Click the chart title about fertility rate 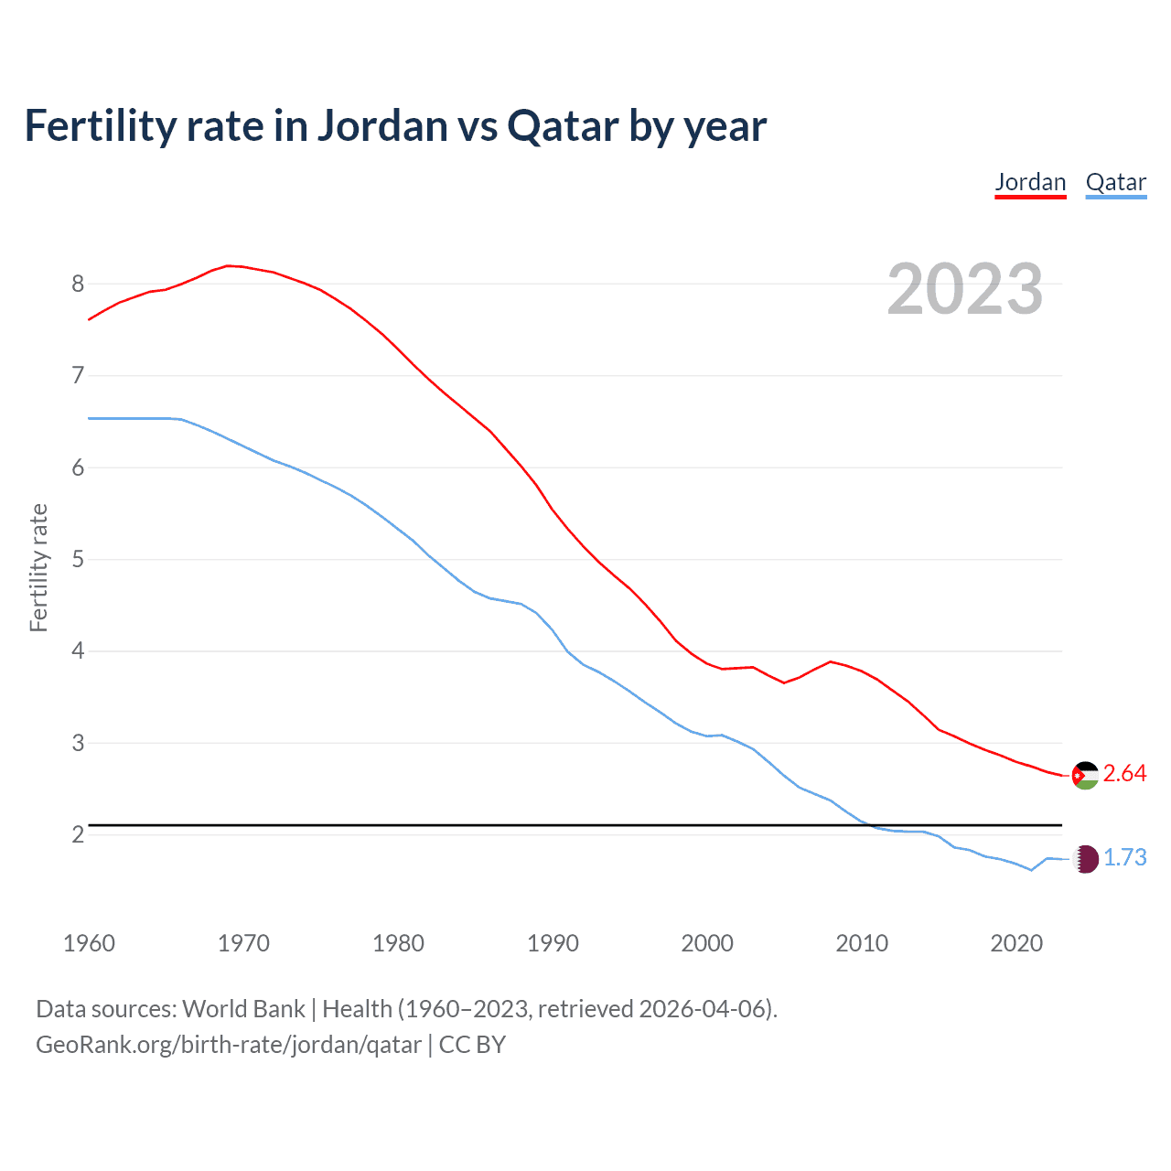point(395,125)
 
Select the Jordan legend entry point(1030,182)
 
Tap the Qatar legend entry point(1115,182)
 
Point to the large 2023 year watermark point(964,289)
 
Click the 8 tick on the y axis point(78,284)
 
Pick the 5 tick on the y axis point(78,559)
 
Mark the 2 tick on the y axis point(78,834)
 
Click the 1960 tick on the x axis point(89,943)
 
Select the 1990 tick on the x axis point(553,943)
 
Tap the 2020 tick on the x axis point(1016,943)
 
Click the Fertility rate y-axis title point(38,567)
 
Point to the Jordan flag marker point(1085,775)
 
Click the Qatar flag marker point(1085,858)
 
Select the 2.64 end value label point(1124,774)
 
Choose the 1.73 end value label point(1124,858)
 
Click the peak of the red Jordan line point(229,265)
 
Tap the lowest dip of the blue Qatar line point(1031,870)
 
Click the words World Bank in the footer point(243,1009)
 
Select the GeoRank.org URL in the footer point(229,1045)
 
